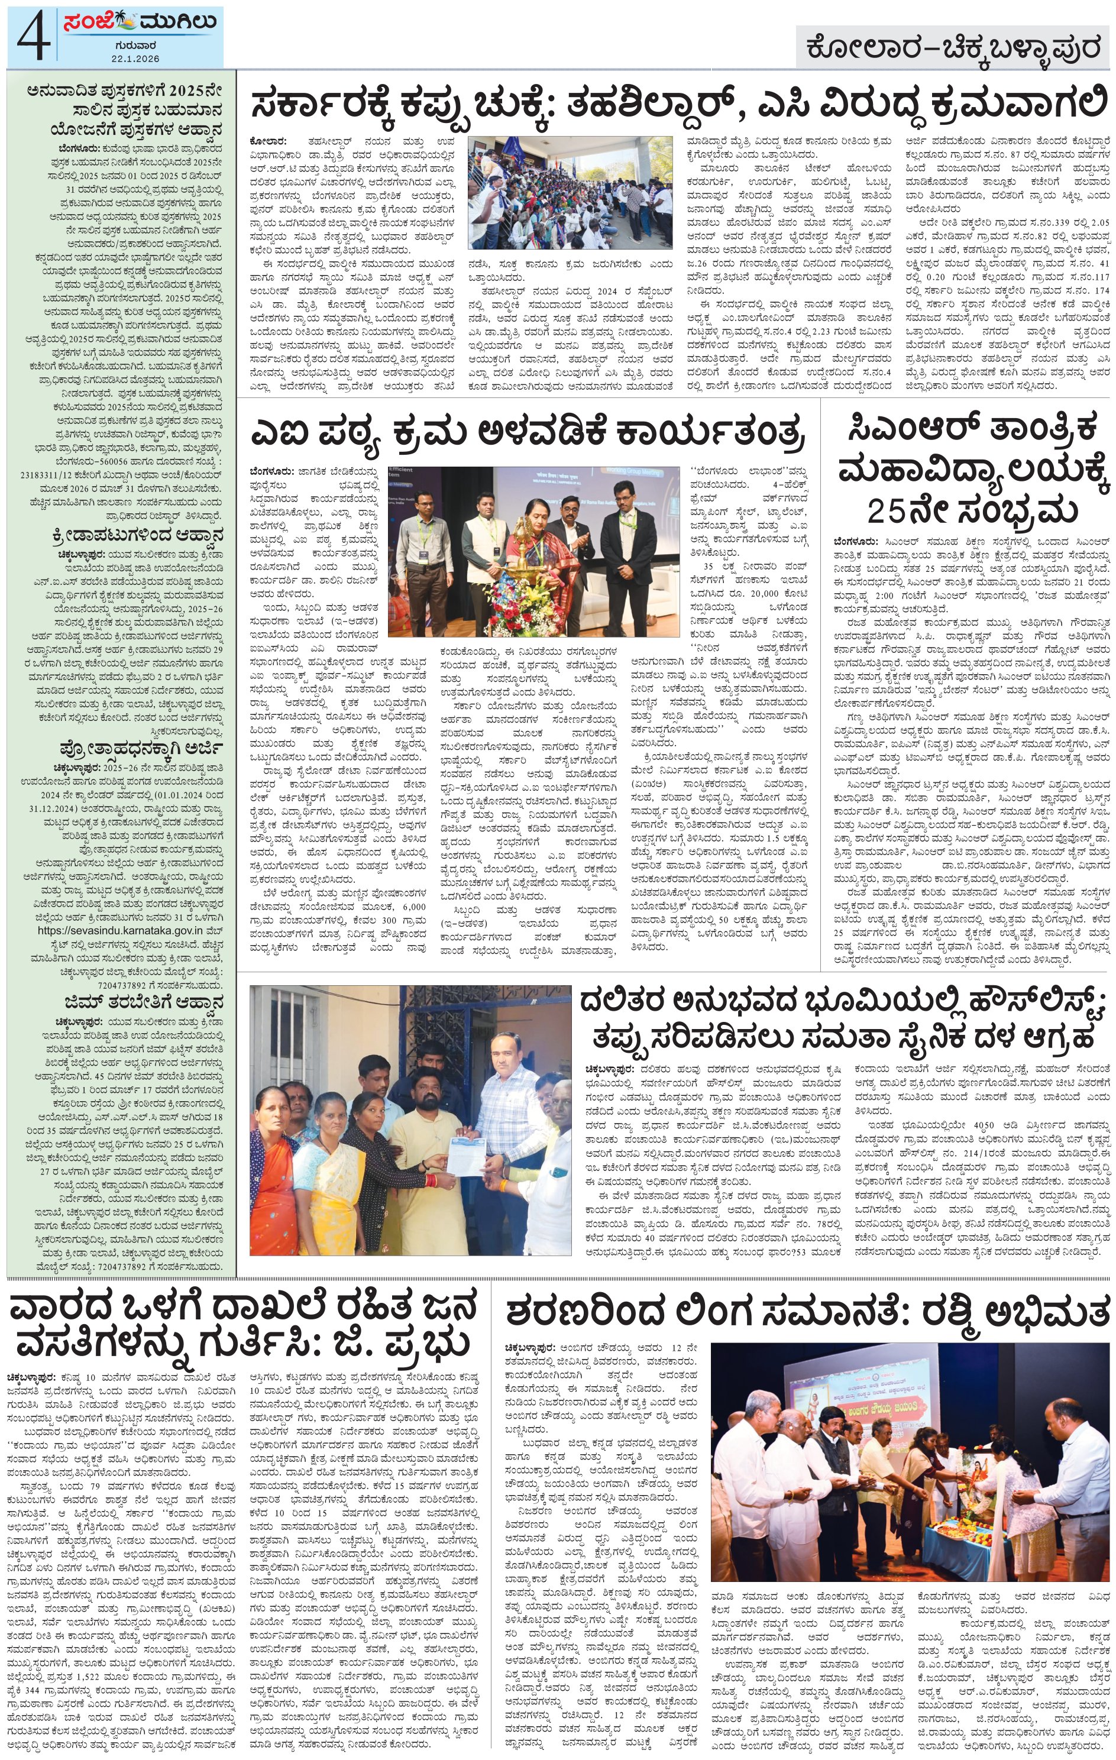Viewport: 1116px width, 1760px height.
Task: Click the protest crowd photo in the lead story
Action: pyautogui.click(x=570, y=192)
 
